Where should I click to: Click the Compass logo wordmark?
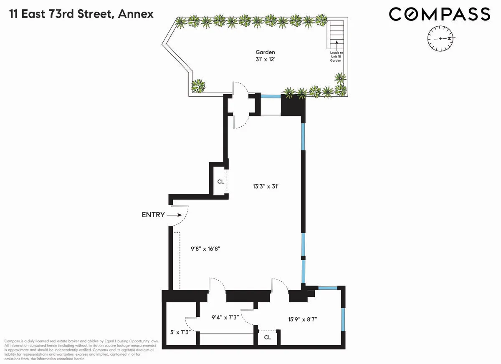click(439, 14)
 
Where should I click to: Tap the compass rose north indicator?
click(449, 38)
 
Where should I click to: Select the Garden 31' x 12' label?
click(265, 56)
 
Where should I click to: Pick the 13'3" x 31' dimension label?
click(266, 187)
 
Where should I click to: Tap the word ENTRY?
click(154, 215)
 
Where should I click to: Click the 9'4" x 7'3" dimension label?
click(225, 317)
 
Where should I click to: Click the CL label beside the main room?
click(220, 181)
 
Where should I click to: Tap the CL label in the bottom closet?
click(268, 337)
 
